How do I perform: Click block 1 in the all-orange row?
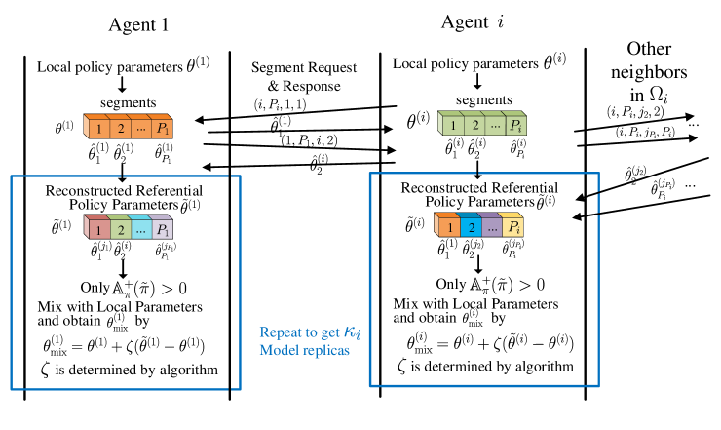pyautogui.click(x=97, y=128)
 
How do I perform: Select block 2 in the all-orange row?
pyautogui.click(x=119, y=128)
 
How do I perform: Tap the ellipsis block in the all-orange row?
pyautogui.click(x=140, y=128)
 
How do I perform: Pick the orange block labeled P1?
pyautogui.click(x=162, y=128)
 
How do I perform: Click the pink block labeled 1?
pyautogui.click(x=97, y=230)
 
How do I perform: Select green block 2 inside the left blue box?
pyautogui.click(x=119, y=230)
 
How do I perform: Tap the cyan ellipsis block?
pyautogui.click(x=140, y=230)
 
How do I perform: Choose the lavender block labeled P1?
pyautogui.click(x=162, y=230)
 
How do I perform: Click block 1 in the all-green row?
pyautogui.click(x=451, y=125)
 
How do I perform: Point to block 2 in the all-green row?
pyautogui.click(x=473, y=125)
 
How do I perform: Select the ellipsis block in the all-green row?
pyautogui.click(x=494, y=125)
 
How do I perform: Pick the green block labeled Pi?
pyautogui.click(x=515, y=125)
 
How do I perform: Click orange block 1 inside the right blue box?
pyautogui.click(x=447, y=227)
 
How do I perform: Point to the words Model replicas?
pyautogui.click(x=304, y=350)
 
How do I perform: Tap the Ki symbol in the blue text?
pyautogui.click(x=354, y=333)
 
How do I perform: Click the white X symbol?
pyautogui.click(x=662, y=95)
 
